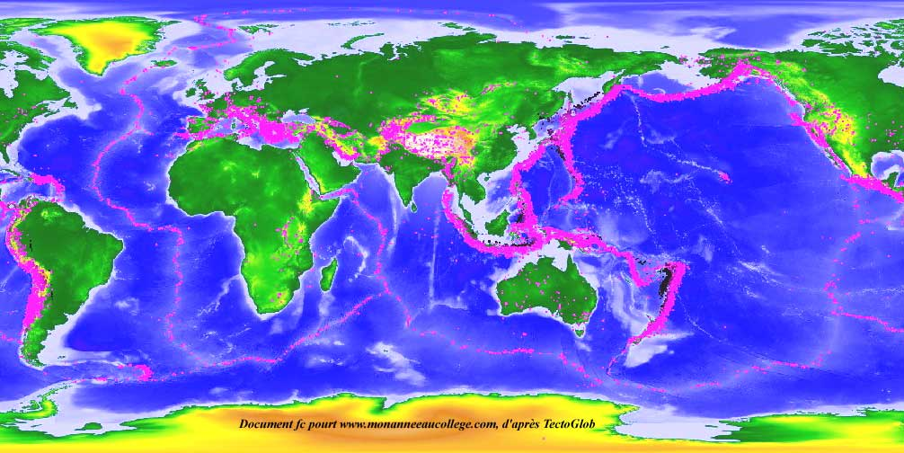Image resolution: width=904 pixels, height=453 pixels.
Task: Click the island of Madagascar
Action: point(329,270)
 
